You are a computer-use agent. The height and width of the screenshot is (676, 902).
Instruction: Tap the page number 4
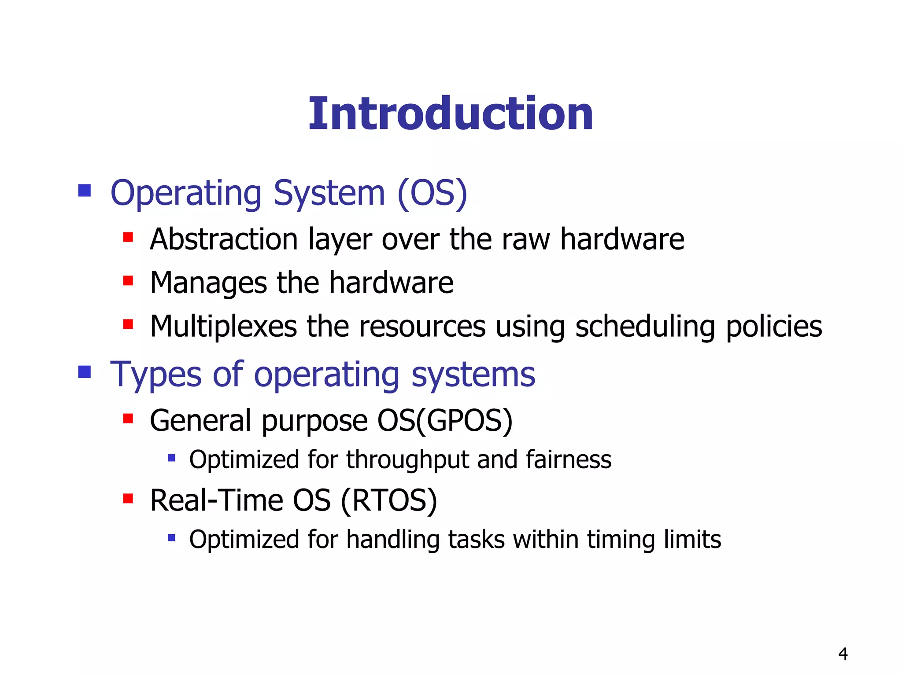tap(843, 654)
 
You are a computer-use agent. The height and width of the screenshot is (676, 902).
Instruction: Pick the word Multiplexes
tap(223, 327)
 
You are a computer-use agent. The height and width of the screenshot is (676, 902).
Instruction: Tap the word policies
tap(773, 327)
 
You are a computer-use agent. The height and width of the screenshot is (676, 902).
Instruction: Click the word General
tap(200, 420)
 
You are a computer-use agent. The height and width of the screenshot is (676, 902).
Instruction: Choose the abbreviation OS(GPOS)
tap(445, 421)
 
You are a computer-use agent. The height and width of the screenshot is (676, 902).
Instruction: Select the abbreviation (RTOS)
tap(389, 501)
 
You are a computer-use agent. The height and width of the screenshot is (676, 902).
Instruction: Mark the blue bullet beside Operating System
tap(84, 191)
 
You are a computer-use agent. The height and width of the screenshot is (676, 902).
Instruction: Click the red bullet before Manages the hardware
tap(128, 281)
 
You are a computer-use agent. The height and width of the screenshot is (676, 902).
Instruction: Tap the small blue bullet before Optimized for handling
tap(171, 537)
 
